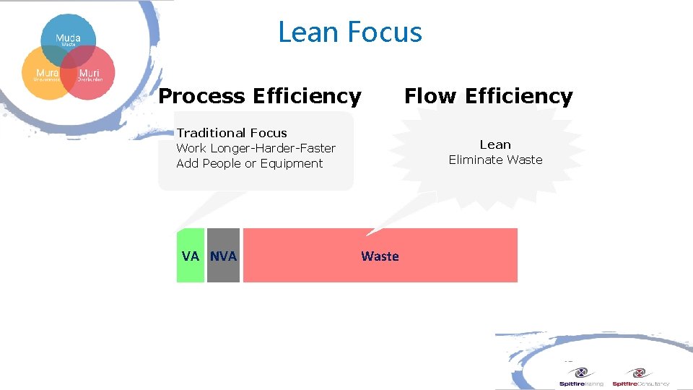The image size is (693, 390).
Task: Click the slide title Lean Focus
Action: pyautogui.click(x=350, y=32)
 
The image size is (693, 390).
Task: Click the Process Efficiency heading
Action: pyautogui.click(x=260, y=96)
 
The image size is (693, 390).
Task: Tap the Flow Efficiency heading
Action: pyautogui.click(x=488, y=96)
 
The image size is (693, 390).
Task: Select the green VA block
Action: pyautogui.click(x=191, y=256)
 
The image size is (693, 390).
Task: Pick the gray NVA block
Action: pyautogui.click(x=223, y=256)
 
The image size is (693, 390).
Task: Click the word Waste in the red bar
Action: pyautogui.click(x=380, y=256)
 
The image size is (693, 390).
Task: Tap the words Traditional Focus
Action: pyautogui.click(x=232, y=133)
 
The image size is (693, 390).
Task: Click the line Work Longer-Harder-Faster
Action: pyautogui.click(x=256, y=148)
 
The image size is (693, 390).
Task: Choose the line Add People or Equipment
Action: pyautogui.click(x=250, y=163)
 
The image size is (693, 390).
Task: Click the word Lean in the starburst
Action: pyautogui.click(x=495, y=144)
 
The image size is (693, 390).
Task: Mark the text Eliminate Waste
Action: pyautogui.click(x=495, y=160)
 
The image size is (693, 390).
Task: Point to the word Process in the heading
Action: pyautogui.click(x=201, y=96)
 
